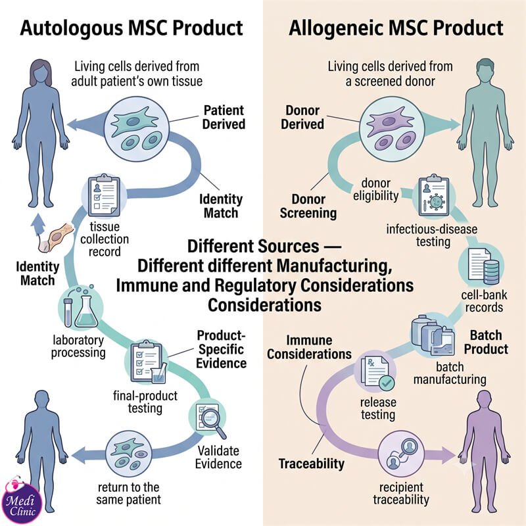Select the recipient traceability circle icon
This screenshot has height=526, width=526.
(x=401, y=454)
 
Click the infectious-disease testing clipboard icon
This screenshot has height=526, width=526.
(x=434, y=196)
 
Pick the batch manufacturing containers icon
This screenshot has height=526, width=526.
(x=433, y=335)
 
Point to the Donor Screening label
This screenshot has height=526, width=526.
(x=308, y=206)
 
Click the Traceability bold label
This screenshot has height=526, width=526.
(x=312, y=464)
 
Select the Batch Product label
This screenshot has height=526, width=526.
(x=486, y=342)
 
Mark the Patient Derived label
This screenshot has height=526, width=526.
(x=224, y=117)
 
